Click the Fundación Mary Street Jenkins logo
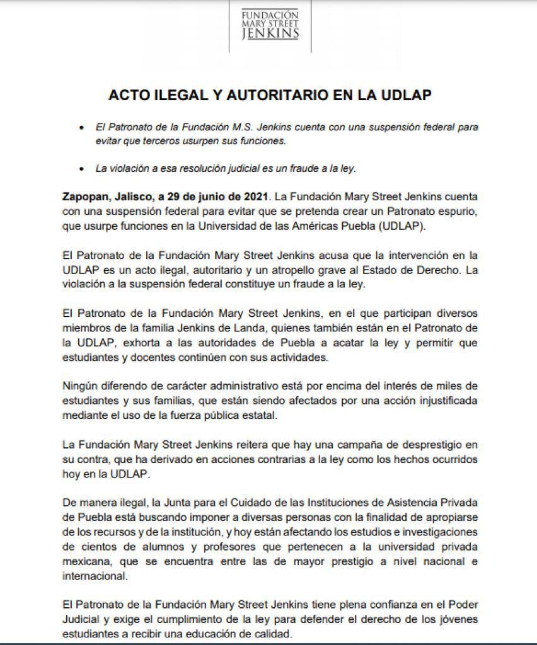(270, 24)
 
